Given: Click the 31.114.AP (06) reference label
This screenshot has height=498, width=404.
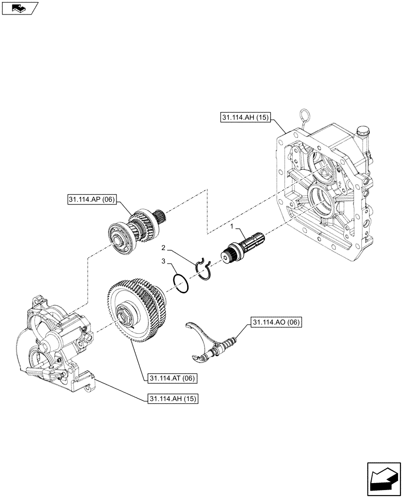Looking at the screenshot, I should pos(90,200).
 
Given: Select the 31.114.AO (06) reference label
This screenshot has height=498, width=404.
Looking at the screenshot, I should pos(276,323).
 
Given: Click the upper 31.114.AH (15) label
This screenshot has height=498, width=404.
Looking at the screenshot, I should pos(244,118).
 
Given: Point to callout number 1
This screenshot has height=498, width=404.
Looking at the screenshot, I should pos(231,227).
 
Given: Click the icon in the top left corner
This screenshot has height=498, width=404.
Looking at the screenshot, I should pos(19,7).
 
